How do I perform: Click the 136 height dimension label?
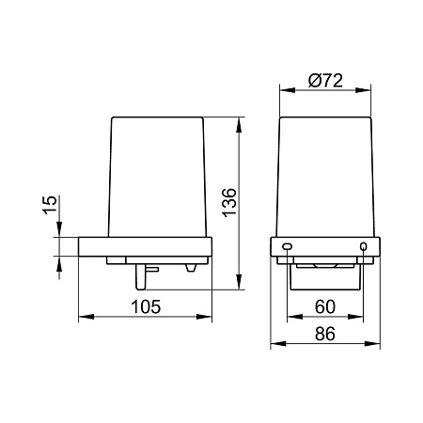[x=229, y=202]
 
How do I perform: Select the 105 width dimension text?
[x=146, y=306]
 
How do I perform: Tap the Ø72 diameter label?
[x=325, y=81]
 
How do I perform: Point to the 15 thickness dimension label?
[x=50, y=205]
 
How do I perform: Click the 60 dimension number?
[x=325, y=306]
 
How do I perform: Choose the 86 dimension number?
[x=325, y=334]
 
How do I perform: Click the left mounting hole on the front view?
[x=287, y=246]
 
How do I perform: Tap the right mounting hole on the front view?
[x=363, y=246]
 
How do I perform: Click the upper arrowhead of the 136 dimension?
[x=239, y=125]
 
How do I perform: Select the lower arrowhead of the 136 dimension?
[x=239, y=282]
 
